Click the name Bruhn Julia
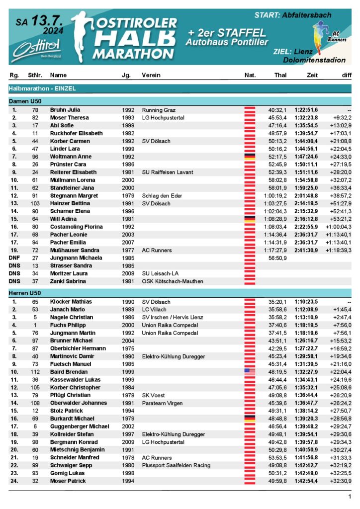65,110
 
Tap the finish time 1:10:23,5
305,302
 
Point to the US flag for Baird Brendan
250,372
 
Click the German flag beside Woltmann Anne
250,157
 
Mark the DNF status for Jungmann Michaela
14,258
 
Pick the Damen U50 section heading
25,101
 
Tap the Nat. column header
250,75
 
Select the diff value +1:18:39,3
339,251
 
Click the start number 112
34,372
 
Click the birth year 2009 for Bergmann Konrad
128,442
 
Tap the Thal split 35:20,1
277,302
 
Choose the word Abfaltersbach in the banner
306,16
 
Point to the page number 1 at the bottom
350,497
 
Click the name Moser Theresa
69,118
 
